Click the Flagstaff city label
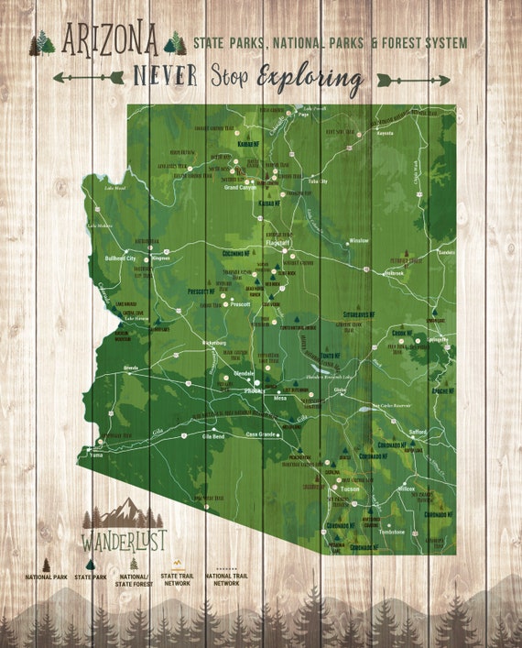tap(277, 244)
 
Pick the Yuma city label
tap(96, 454)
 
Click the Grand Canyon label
tap(242, 187)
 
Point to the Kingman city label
tap(161, 258)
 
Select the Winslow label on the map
tap(358, 241)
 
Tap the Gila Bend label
tap(212, 436)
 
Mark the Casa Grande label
tap(263, 434)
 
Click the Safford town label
tap(419, 431)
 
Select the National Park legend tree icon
tap(45, 565)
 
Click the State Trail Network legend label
tap(177, 579)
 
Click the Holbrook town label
tap(394, 272)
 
